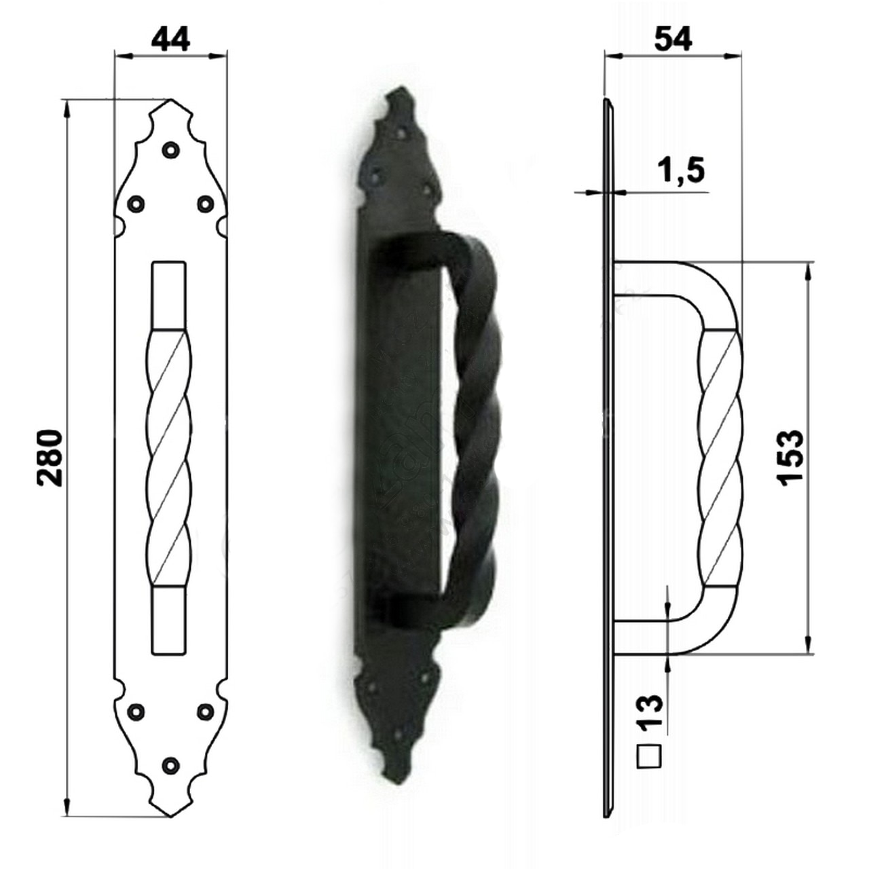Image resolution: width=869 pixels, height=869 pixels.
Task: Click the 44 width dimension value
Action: click(x=170, y=40)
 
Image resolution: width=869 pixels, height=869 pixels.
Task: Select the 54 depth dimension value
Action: click(x=673, y=40)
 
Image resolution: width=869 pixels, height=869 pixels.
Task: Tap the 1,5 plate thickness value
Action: click(x=681, y=170)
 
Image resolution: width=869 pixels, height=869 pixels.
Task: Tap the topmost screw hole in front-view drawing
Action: click(x=170, y=149)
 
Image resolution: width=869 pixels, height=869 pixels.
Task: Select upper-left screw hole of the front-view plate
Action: click(x=137, y=202)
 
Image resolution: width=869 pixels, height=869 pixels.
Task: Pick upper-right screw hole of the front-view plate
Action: click(x=203, y=202)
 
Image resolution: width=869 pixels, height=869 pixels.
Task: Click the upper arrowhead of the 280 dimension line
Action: click(x=67, y=109)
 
